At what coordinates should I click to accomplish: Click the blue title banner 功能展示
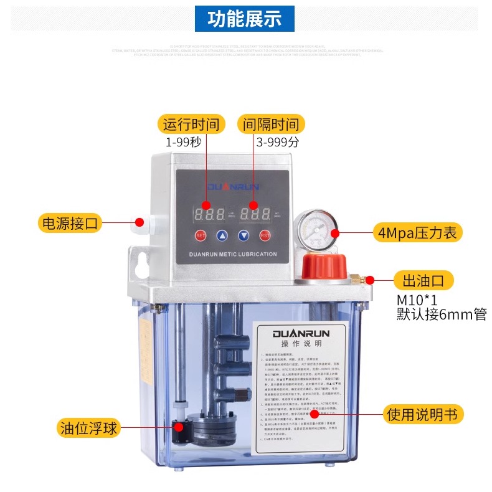click(x=245, y=19)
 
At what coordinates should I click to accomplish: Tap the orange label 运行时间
click(x=192, y=124)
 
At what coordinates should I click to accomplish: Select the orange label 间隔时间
click(x=270, y=124)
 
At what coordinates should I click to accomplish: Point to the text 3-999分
click(x=278, y=142)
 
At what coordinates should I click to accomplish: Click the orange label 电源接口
click(x=70, y=222)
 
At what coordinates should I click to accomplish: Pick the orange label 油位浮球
click(x=88, y=428)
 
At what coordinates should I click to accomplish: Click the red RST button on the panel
click(x=265, y=235)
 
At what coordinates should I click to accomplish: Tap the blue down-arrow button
click(x=244, y=235)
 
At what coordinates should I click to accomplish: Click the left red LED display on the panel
click(x=209, y=214)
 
